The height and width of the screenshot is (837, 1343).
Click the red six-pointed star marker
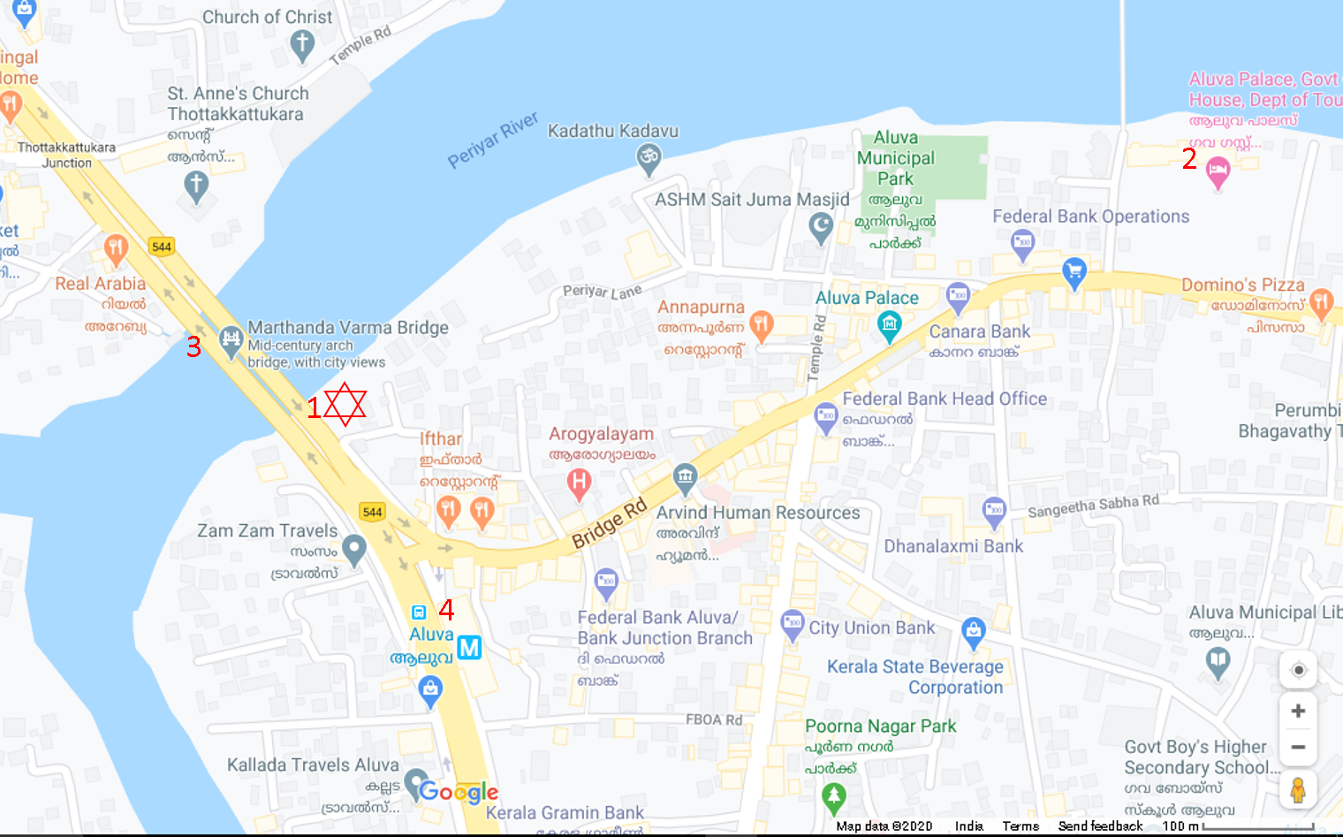coord(345,405)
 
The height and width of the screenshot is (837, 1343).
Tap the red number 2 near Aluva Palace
coord(1189,159)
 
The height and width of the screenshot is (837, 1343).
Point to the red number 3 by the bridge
coord(193,346)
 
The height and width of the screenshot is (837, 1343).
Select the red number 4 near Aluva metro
coord(447,609)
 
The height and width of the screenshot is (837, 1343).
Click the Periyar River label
coord(492,140)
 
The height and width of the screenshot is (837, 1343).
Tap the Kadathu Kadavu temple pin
coord(649,159)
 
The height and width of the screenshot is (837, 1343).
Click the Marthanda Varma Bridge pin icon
coord(231,340)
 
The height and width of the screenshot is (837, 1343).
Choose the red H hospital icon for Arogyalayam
coord(579,483)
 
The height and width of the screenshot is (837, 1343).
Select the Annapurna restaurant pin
coord(761,324)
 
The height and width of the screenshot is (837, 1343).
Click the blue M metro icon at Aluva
coord(469,648)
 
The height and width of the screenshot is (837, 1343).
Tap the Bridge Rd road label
coord(609,523)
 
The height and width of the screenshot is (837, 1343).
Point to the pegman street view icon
coord(1298,789)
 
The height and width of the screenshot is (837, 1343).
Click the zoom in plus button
coord(1298,711)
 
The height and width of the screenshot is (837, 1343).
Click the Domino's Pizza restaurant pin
coord(1321,303)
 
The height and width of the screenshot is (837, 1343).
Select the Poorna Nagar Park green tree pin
coord(833,797)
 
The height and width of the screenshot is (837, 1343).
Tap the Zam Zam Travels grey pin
coord(354,550)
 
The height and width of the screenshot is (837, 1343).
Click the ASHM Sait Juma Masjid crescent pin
coord(821,228)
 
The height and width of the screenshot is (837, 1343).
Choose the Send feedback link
coord(1100,826)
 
